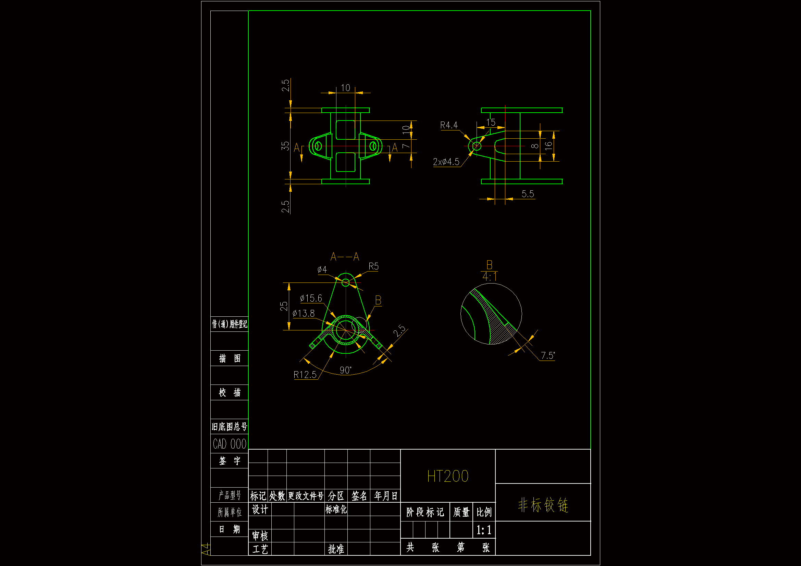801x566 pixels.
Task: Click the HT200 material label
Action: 447,476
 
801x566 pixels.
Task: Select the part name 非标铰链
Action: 543,505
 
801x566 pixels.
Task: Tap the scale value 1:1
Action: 484,530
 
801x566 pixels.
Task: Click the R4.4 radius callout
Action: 449,125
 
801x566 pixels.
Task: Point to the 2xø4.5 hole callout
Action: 446,162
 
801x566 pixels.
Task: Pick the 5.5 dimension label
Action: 528,194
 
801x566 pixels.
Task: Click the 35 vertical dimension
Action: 286,146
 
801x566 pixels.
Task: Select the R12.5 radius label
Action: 305,375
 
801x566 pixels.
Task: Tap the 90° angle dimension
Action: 345,370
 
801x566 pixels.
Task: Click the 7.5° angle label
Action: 547,356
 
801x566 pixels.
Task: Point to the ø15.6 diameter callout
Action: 311,299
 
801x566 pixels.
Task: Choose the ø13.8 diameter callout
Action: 304,314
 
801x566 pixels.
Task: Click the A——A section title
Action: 345,257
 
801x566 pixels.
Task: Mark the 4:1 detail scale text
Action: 490,277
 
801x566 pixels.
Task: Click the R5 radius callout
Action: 373,266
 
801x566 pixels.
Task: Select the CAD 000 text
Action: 230,444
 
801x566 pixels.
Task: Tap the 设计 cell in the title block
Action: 260,510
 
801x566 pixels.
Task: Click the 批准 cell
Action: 336,549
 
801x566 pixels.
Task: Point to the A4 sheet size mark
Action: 206,549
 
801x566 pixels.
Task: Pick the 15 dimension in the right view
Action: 491,122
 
